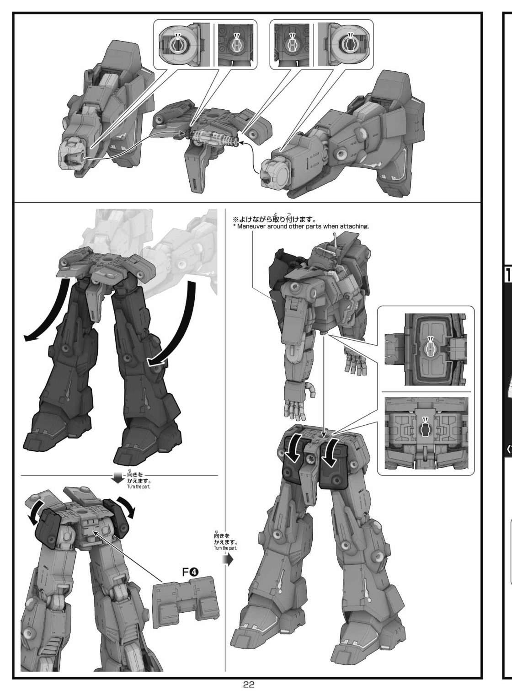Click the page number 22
(x=249, y=684)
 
